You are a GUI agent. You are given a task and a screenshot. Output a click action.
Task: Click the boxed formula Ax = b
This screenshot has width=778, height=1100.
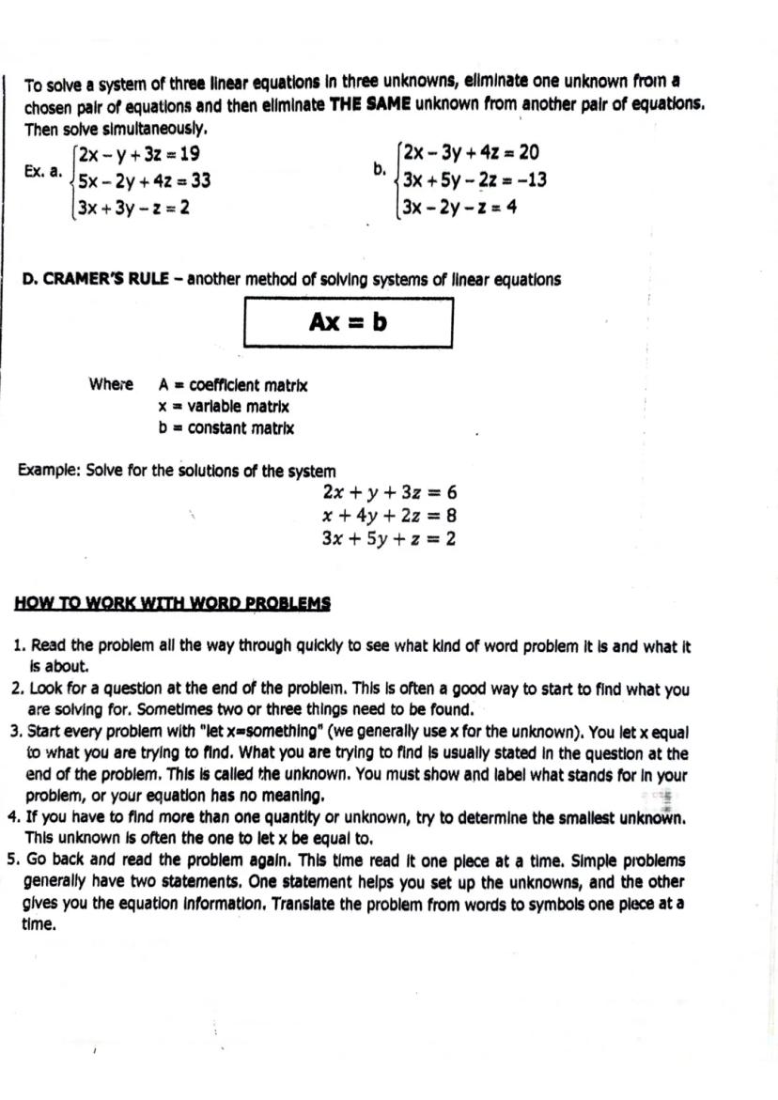[349, 322]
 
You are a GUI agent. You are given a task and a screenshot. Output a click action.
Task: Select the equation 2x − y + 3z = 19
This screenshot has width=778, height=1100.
[139, 153]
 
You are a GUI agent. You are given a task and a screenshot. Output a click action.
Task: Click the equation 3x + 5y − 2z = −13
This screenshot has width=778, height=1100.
[475, 179]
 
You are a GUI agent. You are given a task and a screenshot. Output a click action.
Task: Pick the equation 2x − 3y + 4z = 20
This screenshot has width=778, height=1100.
[470, 152]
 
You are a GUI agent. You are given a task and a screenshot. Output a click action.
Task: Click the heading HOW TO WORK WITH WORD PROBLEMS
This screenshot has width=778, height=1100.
[173, 603]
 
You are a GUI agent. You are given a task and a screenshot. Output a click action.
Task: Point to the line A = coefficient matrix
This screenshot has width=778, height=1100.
[233, 385]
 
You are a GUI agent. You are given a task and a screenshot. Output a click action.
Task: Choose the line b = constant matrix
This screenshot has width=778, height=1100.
[226, 428]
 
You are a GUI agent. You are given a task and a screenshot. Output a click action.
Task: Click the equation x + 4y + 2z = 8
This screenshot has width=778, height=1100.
[389, 515]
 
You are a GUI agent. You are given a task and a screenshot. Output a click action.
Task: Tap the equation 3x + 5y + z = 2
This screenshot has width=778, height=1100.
[389, 538]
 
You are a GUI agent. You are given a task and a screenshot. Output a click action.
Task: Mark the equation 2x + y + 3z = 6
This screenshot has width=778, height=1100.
[389, 492]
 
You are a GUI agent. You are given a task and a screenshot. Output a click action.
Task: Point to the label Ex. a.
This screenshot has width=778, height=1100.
[43, 172]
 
